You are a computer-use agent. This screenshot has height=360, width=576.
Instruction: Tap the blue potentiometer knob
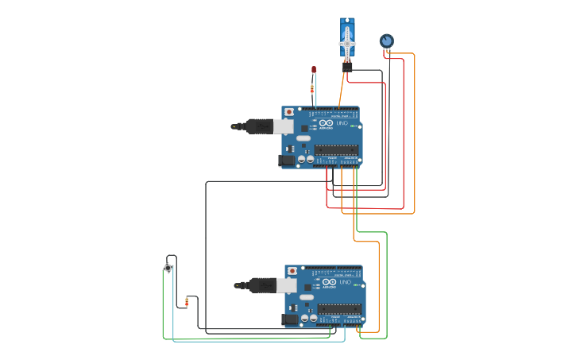(x=386, y=41)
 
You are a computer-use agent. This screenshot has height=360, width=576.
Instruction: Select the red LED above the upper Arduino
(x=314, y=70)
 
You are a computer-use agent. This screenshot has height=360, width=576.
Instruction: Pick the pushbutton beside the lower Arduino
(x=168, y=268)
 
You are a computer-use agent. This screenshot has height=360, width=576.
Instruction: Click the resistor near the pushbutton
(x=187, y=301)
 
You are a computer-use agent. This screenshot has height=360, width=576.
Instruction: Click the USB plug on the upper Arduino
(x=259, y=126)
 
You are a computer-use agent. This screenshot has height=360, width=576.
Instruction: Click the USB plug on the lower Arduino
(x=262, y=285)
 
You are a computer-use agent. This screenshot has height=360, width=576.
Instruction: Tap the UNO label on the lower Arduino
(x=346, y=282)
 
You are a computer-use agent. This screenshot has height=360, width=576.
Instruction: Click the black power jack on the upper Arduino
(x=286, y=161)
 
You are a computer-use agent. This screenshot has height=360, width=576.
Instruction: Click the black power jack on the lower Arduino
(x=290, y=319)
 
